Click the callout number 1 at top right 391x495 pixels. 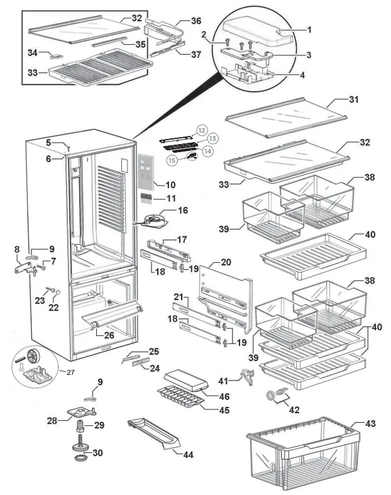309,30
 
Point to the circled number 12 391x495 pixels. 201,130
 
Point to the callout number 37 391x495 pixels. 196,55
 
